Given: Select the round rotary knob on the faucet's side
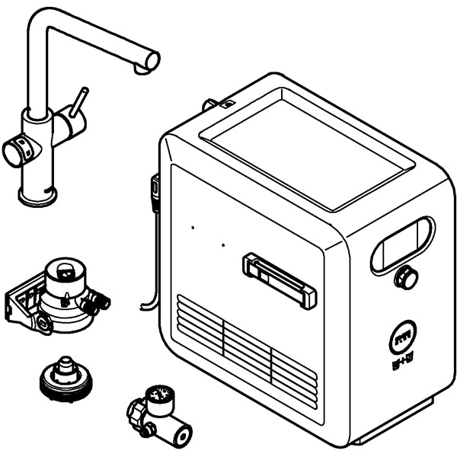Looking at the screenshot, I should [17, 152].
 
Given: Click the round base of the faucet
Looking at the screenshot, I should [37, 197].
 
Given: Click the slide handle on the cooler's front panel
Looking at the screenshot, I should [280, 280].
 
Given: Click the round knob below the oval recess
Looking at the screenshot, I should [407, 278].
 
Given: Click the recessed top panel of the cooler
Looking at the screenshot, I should [308, 152].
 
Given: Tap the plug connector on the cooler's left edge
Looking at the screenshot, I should [155, 190].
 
